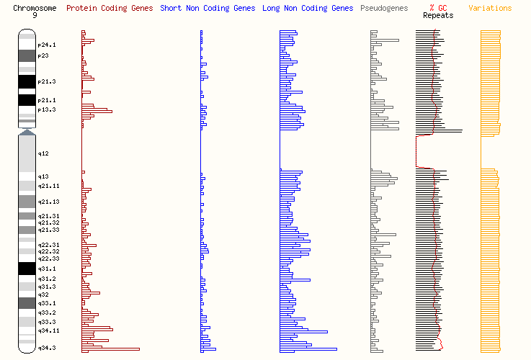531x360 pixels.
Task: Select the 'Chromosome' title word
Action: tap(35, 9)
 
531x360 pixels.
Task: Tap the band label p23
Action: tap(43, 55)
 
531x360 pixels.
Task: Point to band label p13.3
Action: tap(47, 109)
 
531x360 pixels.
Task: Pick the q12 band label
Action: tap(43, 154)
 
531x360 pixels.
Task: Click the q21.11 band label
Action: tap(48, 186)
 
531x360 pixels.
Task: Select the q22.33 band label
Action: tap(48, 258)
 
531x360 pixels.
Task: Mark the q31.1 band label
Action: tap(47, 269)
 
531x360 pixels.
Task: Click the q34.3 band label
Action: tap(47, 348)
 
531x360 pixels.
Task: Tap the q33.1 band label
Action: tap(47, 303)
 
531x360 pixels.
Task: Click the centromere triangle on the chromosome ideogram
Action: tap(27, 132)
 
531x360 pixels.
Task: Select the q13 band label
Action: tap(43, 176)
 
